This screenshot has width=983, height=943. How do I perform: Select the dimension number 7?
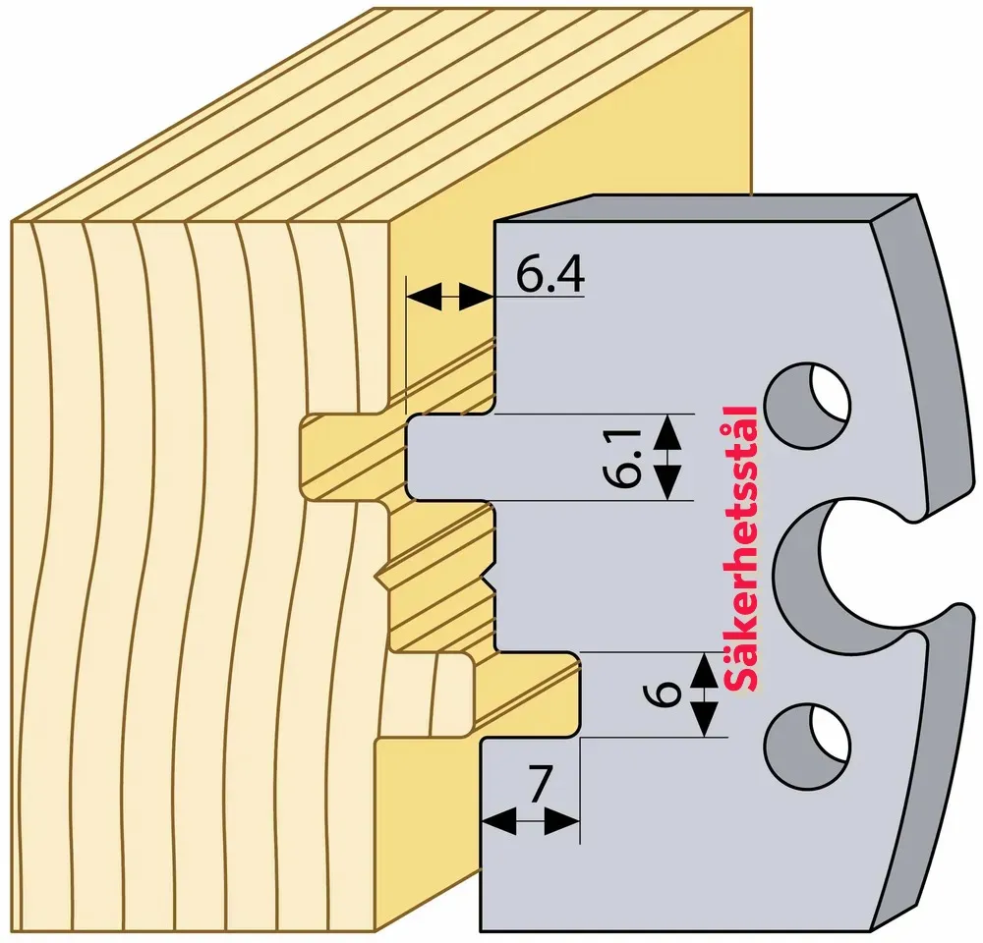tap(539, 784)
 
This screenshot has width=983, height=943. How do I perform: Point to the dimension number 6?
tap(663, 693)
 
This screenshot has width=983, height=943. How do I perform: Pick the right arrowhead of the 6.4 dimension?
tap(476, 296)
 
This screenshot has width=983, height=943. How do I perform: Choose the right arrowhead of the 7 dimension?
tap(561, 821)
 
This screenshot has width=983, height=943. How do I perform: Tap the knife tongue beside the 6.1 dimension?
tap(450, 458)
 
